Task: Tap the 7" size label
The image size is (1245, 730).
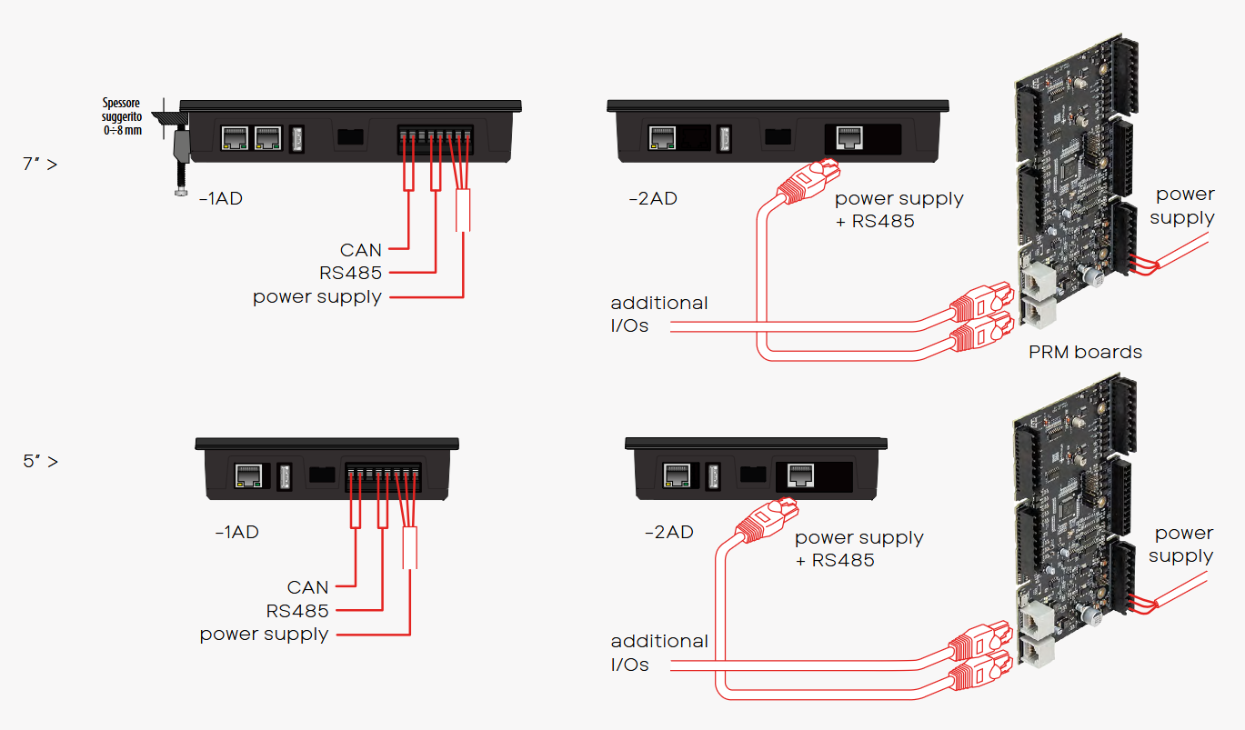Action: pyautogui.click(x=40, y=165)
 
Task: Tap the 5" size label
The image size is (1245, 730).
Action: pyautogui.click(x=40, y=461)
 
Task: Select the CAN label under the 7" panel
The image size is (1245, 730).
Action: pyautogui.click(x=361, y=250)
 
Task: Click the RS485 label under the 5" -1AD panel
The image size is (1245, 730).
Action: pyautogui.click(x=297, y=611)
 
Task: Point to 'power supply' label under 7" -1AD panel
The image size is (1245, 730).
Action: pyautogui.click(x=317, y=296)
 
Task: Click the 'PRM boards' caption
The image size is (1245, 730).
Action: pyautogui.click(x=1085, y=352)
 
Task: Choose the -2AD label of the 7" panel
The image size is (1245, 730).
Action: pyautogui.click(x=653, y=198)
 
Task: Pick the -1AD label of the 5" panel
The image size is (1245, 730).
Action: pyautogui.click(x=236, y=533)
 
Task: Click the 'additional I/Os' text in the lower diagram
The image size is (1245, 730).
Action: pyautogui.click(x=658, y=653)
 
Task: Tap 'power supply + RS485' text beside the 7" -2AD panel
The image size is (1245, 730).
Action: pyautogui.click(x=899, y=209)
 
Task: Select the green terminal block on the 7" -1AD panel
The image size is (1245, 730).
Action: pyautogui.click(x=436, y=137)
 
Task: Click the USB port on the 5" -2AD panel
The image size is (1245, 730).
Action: pyautogui.click(x=713, y=475)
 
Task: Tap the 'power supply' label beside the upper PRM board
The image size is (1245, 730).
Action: pyautogui.click(x=1183, y=205)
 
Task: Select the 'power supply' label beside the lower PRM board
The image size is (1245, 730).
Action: pyautogui.click(x=1181, y=545)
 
